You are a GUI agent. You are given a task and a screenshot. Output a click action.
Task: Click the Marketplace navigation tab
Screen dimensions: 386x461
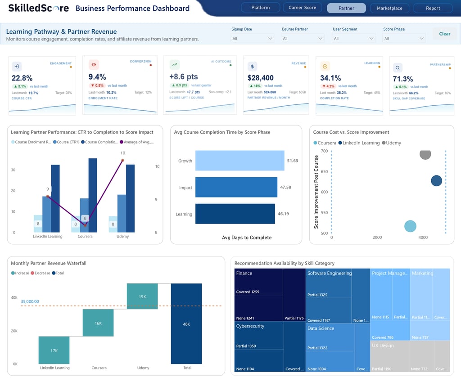point(389,8)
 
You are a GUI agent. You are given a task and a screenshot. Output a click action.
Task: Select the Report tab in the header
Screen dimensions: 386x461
point(433,8)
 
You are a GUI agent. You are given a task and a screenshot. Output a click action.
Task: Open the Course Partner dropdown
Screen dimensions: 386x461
point(303,39)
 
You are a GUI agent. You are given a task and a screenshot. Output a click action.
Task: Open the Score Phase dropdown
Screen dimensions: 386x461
point(404,39)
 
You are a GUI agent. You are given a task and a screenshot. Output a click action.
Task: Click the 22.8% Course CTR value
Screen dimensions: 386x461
point(22,78)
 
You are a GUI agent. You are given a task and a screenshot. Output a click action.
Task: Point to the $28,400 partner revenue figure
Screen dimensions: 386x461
point(261,78)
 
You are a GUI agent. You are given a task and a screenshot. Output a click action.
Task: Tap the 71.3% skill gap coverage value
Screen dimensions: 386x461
point(403,79)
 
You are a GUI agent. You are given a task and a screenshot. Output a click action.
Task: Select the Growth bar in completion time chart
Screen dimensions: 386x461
point(240,161)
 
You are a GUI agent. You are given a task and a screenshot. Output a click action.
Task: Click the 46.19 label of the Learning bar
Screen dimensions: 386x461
point(283,214)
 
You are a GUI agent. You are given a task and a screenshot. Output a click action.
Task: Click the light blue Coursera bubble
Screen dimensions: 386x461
point(410,226)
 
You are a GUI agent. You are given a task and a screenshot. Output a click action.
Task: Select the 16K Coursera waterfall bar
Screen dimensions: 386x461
point(98,323)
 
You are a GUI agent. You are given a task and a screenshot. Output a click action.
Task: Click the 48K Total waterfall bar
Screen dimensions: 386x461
point(186,324)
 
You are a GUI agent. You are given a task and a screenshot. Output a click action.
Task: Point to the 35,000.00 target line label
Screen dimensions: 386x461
point(30,301)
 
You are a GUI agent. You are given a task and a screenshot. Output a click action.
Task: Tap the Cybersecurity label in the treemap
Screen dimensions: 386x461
point(250,326)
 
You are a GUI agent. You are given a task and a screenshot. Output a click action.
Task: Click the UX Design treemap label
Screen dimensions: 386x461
point(383,346)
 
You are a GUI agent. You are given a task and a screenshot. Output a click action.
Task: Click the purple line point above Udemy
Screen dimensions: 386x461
point(122,160)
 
